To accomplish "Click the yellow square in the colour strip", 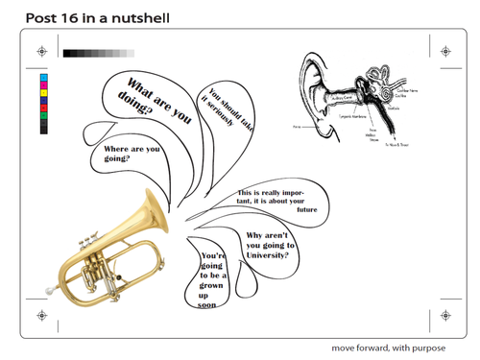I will pyautogui.click(x=43, y=94).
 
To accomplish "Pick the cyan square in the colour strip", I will pyautogui.click(x=43, y=79).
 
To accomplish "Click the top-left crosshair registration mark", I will pyautogui.click(x=39, y=52).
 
